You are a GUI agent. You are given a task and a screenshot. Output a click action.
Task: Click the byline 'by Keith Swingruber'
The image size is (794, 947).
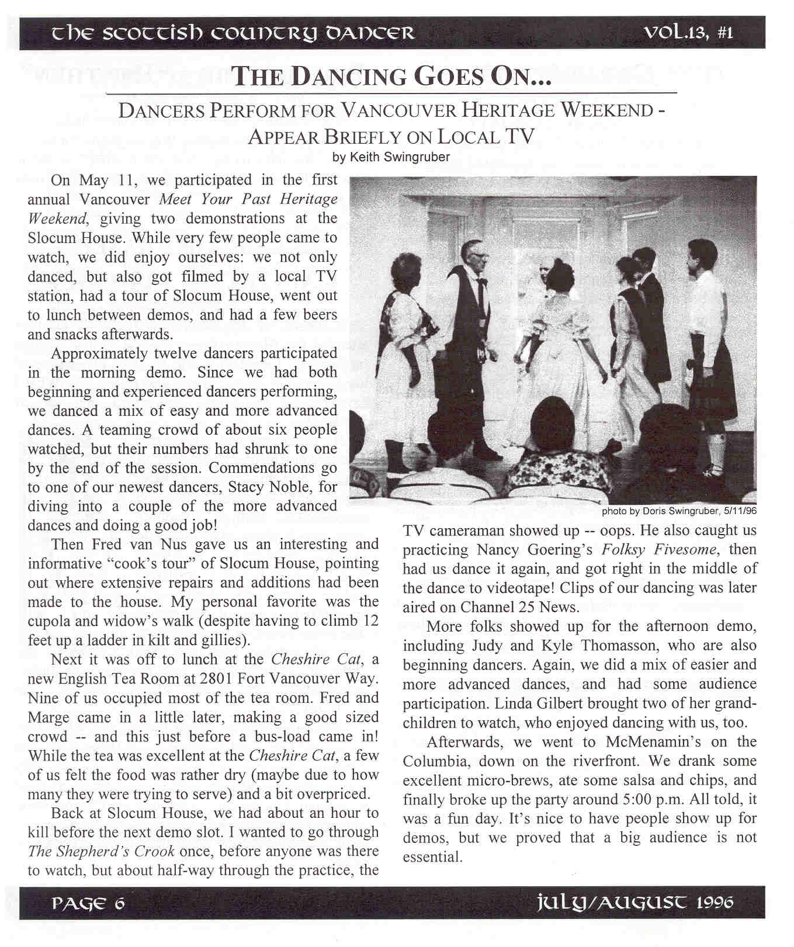pos(391,157)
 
